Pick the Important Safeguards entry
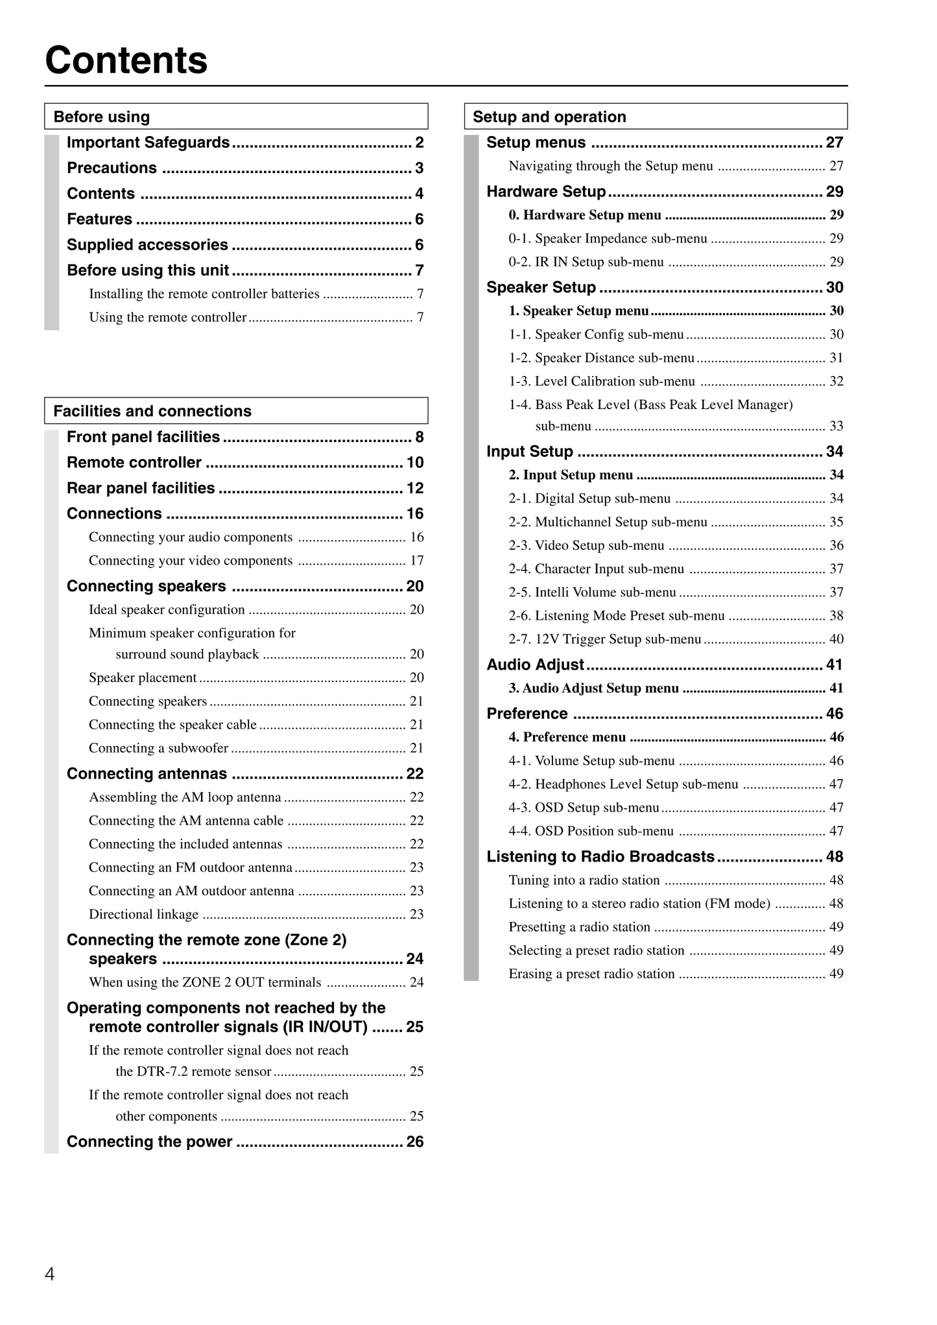(148, 143)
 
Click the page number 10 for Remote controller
(415, 463)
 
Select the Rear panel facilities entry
(141, 488)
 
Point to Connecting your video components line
(191, 561)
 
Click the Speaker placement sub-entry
(143, 678)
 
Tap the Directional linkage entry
(143, 915)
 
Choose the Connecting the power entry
(149, 1142)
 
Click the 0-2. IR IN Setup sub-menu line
(586, 262)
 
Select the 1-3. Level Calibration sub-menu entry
(602, 381)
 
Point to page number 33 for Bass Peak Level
(836, 427)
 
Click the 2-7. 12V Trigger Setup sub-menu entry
(605, 639)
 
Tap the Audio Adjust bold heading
(536, 665)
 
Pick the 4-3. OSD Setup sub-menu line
(584, 808)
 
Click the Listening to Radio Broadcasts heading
(600, 857)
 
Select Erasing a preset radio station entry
(591, 974)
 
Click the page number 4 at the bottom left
(50, 1275)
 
